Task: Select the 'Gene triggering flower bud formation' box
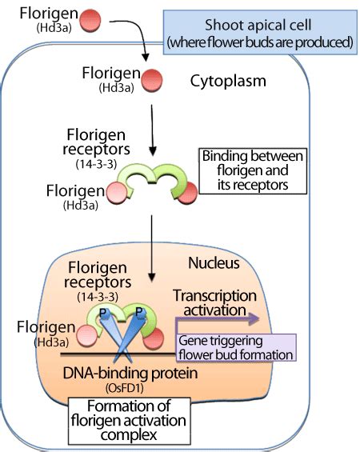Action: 239,347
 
